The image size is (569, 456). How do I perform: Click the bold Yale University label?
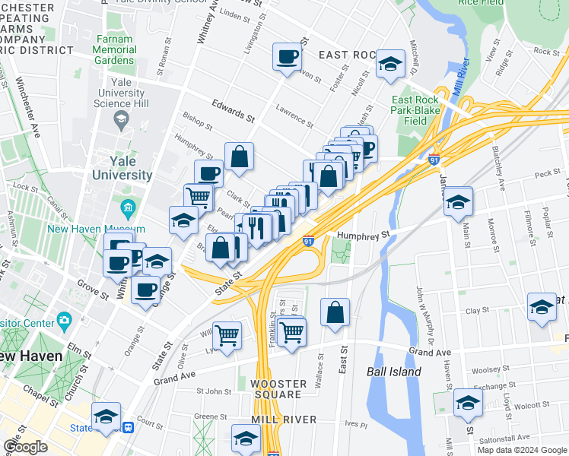click(x=122, y=168)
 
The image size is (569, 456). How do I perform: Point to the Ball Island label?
click(x=393, y=372)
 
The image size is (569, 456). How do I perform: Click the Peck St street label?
click(x=547, y=174)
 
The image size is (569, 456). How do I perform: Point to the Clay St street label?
click(x=477, y=311)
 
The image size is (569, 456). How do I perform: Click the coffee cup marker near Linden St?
click(x=288, y=57)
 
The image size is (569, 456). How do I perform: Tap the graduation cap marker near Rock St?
click(x=391, y=65)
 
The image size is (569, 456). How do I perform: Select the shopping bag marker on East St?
click(x=335, y=312)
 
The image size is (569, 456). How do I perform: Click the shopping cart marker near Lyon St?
click(x=227, y=333)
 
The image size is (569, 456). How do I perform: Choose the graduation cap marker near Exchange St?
click(x=468, y=403)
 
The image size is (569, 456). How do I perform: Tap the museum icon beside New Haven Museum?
click(x=127, y=207)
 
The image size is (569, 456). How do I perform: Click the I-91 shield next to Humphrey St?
click(x=309, y=241)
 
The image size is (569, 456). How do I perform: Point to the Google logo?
click(x=25, y=447)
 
